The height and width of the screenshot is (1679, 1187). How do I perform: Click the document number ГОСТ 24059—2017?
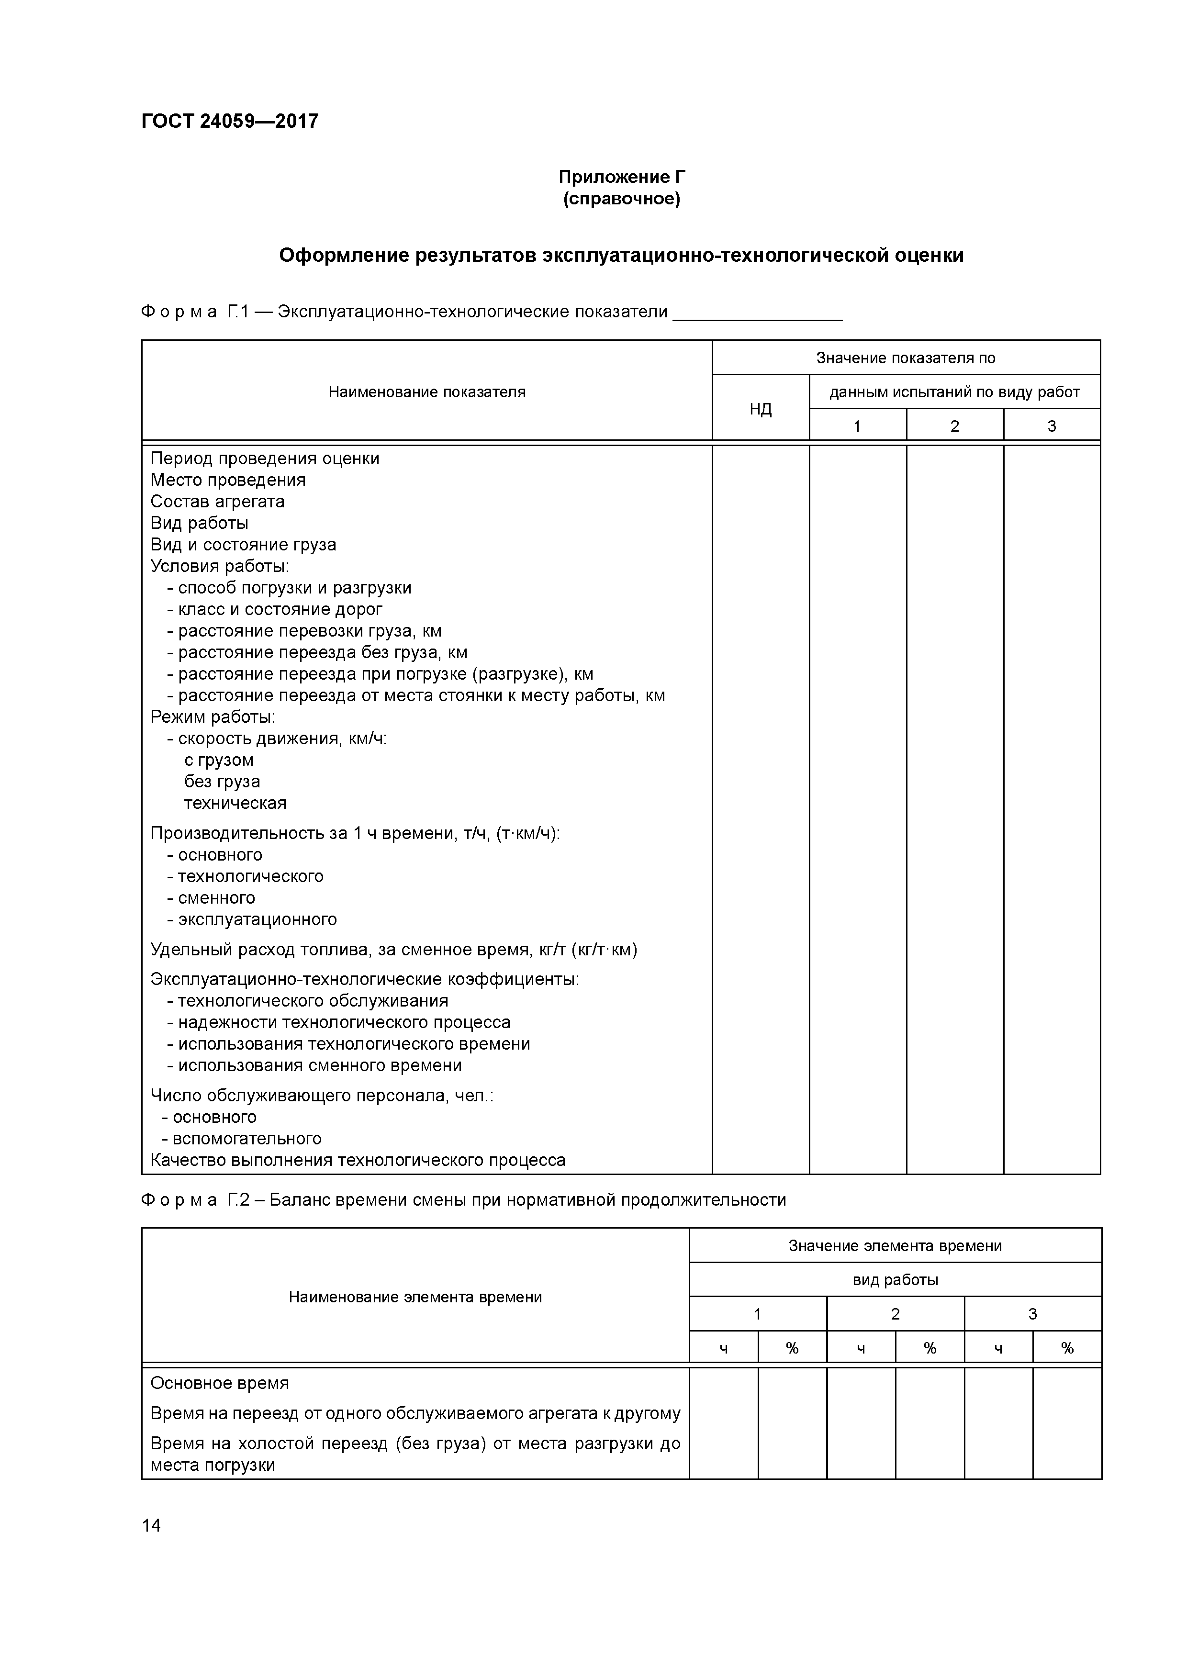pyautogui.click(x=230, y=121)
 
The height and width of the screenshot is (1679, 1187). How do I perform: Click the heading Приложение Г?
pyautogui.click(x=622, y=177)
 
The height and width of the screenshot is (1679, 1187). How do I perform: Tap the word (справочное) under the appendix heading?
pyautogui.click(x=622, y=199)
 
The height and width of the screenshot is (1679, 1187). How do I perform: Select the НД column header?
pyautogui.click(x=761, y=409)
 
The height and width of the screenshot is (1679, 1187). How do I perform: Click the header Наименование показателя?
pyautogui.click(x=426, y=392)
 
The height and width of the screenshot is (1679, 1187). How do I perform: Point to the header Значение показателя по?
pyautogui.click(x=906, y=358)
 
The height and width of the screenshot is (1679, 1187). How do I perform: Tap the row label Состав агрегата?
pyautogui.click(x=217, y=502)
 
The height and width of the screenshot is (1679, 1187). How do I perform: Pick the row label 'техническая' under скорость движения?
pyautogui.click(x=235, y=803)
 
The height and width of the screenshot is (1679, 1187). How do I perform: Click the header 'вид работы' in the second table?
pyautogui.click(x=895, y=1280)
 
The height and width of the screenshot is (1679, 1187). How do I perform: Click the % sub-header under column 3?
pyautogui.click(x=1067, y=1348)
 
